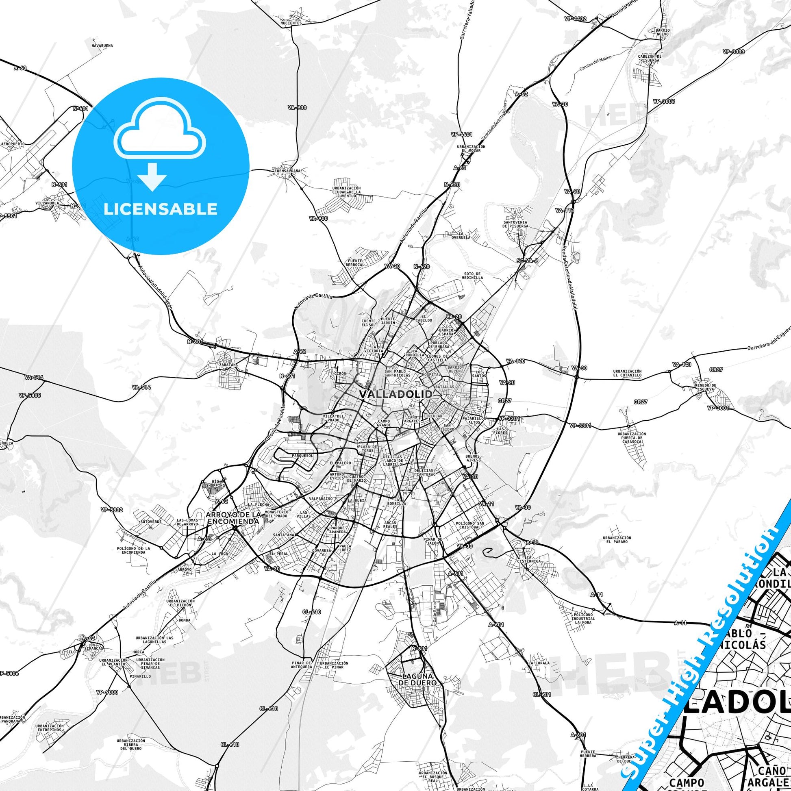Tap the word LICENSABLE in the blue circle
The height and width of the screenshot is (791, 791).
tap(161, 209)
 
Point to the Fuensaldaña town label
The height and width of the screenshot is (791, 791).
tap(287, 170)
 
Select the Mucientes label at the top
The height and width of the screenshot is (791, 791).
tap(291, 23)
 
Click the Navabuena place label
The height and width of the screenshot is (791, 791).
tap(102, 46)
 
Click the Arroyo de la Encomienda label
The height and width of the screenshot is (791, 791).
tap(233, 517)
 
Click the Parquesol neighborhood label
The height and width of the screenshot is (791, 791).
tap(302, 455)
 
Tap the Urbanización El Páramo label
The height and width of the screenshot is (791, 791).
tap(617, 540)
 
